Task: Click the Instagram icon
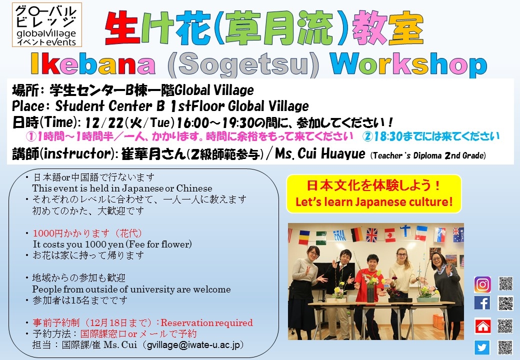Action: click(482, 284)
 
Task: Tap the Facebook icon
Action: click(482, 303)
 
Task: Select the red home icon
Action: click(482, 326)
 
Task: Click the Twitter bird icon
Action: click(482, 347)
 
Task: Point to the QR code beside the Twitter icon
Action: click(505, 347)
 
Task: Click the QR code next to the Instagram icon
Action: click(505, 284)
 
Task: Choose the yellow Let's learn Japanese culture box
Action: click(374, 193)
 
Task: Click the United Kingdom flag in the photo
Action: click(372, 234)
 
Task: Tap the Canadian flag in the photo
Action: click(389, 234)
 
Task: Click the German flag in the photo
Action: click(356, 234)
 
